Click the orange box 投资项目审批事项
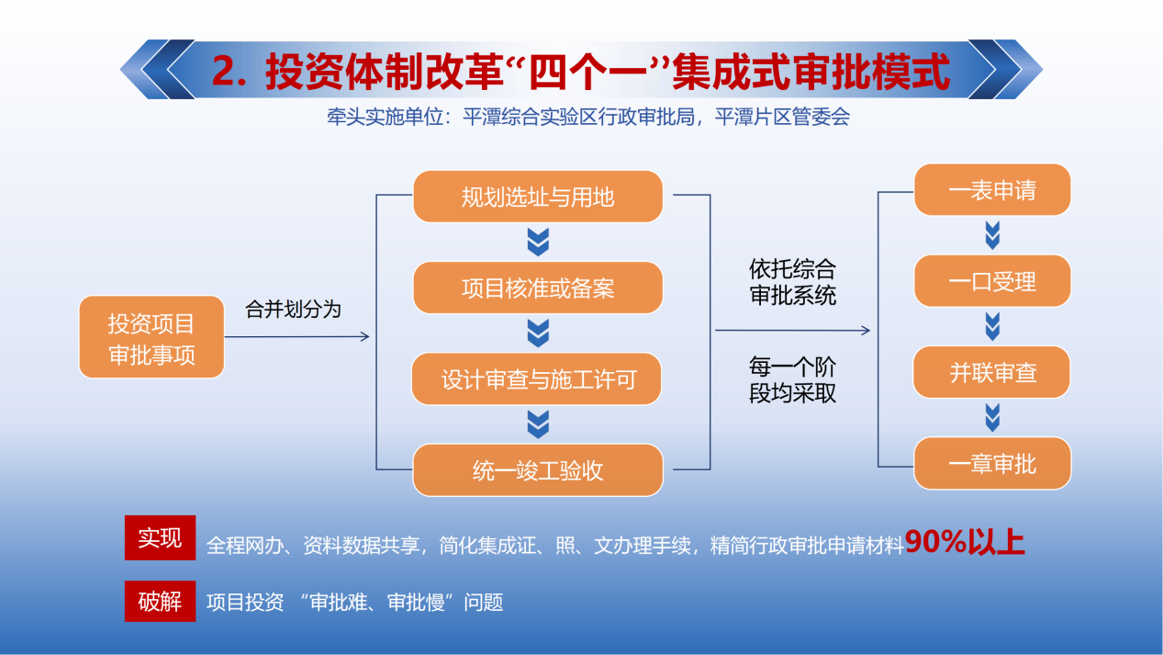tap(151, 337)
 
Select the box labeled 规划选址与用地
tap(538, 197)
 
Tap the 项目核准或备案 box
tap(538, 288)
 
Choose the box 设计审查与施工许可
tap(537, 379)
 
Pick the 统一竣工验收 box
tap(538, 470)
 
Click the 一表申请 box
tap(992, 189)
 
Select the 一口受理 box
tap(992, 281)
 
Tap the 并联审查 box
tap(991, 372)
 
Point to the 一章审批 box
tap(992, 463)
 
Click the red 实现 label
tap(160, 537)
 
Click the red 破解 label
tap(160, 602)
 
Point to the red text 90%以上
tap(965, 542)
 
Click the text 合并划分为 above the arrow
tap(293, 310)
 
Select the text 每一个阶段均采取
tap(792, 380)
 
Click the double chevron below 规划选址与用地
tap(538, 242)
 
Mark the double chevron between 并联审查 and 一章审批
tap(992, 418)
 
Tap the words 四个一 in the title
tap(589, 72)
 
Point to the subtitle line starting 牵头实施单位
tap(588, 117)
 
